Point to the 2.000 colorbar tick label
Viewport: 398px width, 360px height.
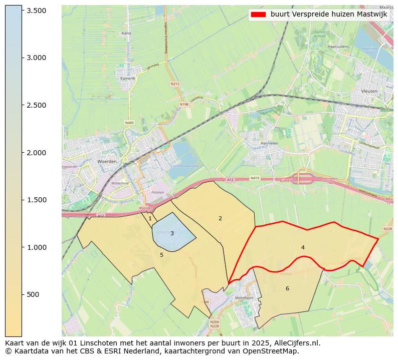tap(36, 153)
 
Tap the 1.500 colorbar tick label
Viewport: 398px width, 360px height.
tap(36, 200)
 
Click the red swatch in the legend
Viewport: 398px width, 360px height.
tap(258, 15)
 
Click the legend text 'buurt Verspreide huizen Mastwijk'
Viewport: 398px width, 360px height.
tap(329, 15)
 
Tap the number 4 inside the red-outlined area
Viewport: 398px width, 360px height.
tap(303, 247)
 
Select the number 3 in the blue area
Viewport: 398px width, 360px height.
tap(172, 233)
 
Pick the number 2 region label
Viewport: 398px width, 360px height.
tap(220, 218)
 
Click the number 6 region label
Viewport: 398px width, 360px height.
tap(287, 288)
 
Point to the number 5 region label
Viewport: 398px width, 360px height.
tap(161, 255)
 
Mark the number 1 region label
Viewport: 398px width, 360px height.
tap(150, 218)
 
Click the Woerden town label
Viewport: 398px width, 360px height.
tap(107, 162)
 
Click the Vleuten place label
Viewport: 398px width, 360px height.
tap(369, 92)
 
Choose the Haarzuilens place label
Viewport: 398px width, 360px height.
tap(337, 46)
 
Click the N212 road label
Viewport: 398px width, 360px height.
tap(175, 84)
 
